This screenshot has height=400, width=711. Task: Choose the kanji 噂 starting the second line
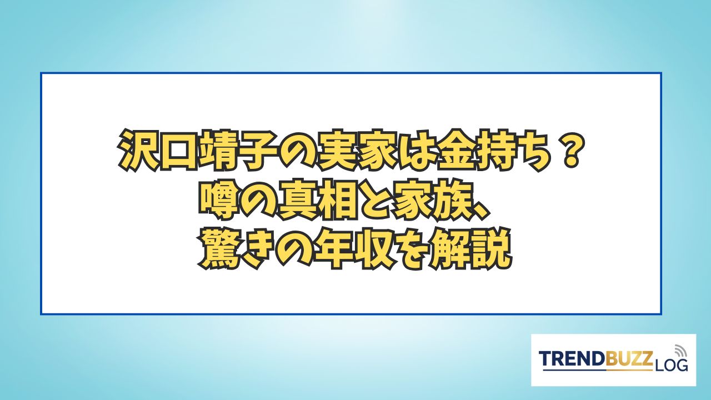218,201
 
